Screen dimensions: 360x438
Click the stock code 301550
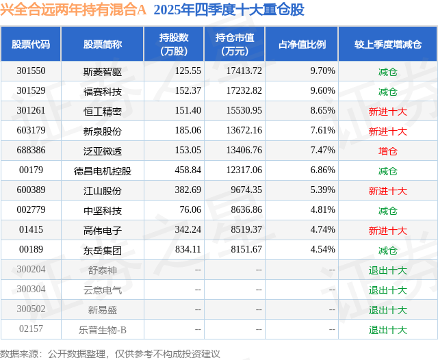pyautogui.click(x=31, y=70)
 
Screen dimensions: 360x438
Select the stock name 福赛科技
pyautogui.click(x=103, y=90)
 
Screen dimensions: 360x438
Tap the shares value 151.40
pyautogui.click(x=188, y=110)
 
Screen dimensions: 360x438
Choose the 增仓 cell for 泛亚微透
pyautogui.click(x=387, y=151)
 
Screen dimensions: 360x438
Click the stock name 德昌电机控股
pyautogui.click(x=103, y=170)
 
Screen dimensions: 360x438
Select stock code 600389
pyautogui.click(x=31, y=190)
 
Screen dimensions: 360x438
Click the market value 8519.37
pyautogui.click(x=240, y=231)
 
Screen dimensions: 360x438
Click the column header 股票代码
pyautogui.click(x=31, y=44)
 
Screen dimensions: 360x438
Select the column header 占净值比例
pyautogui.click(x=302, y=44)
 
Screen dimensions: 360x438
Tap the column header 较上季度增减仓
pyautogui.click(x=387, y=44)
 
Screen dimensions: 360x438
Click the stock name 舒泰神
pyautogui.click(x=103, y=270)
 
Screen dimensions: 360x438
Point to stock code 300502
pyautogui.click(x=31, y=310)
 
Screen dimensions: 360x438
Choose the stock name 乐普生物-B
pyautogui.click(x=103, y=330)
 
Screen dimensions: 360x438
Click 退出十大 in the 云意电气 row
pyautogui.click(x=387, y=290)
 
